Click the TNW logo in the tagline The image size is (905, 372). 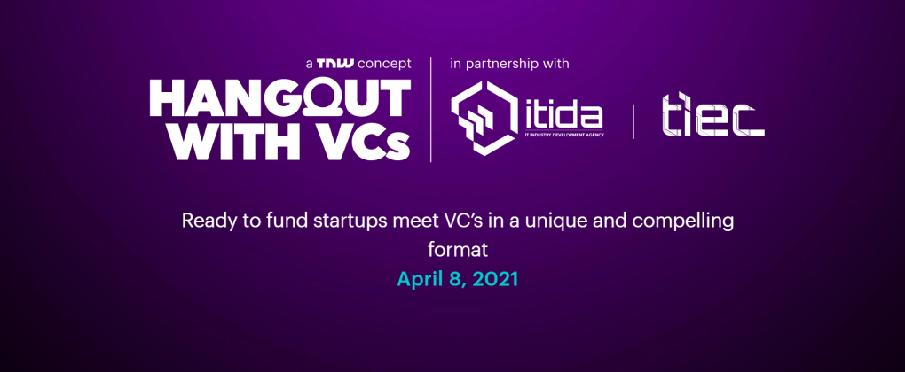point(335,64)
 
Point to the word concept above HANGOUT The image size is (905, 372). point(384,64)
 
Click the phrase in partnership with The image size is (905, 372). point(509,64)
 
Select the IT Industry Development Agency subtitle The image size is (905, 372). point(564,136)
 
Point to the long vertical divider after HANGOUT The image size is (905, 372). point(431,109)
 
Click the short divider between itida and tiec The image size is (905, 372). point(633,121)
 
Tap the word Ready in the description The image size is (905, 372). point(208,221)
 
